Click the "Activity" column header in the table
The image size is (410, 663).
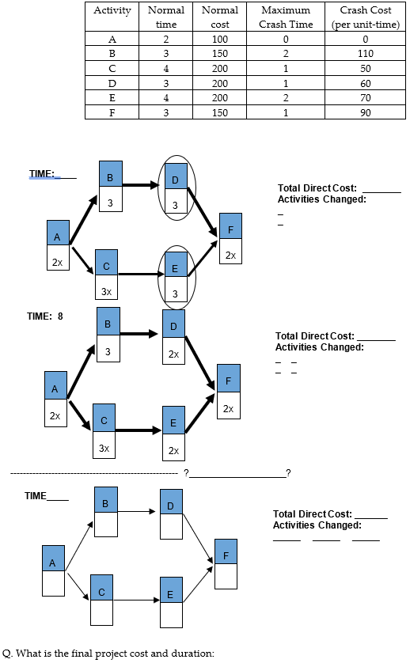112,10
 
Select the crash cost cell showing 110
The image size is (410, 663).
365,53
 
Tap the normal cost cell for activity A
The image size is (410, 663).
219,39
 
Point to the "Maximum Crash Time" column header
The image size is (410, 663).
285,17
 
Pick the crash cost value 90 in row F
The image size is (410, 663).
365,112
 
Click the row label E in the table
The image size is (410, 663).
112,97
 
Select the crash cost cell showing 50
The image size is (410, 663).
365,68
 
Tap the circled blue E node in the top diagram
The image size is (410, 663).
176,269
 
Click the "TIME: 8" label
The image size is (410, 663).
44,316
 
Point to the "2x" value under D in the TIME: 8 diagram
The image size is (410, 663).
173,354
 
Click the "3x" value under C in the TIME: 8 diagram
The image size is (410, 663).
104,447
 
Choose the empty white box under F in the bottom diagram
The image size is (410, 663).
226,577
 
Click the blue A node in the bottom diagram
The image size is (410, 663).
53,563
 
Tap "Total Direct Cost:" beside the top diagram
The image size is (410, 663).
317,188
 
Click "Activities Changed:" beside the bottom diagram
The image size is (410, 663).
317,525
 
